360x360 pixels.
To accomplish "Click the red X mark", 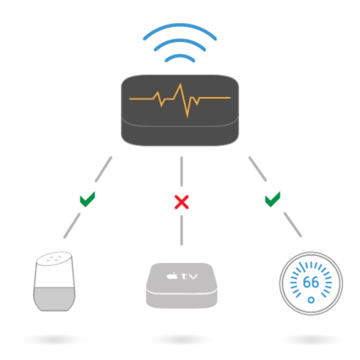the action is (181, 202).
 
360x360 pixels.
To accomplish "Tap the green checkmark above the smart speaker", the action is (87, 199).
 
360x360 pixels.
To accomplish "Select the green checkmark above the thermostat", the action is (272, 199).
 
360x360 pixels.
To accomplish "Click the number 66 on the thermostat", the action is (311, 282).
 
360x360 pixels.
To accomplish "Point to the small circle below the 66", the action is (312, 300).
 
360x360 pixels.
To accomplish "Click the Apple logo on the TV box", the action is (171, 276).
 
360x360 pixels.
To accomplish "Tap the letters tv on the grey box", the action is (189, 276).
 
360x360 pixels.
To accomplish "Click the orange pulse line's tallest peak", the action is (180, 84).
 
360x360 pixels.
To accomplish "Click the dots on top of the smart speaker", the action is (54, 259).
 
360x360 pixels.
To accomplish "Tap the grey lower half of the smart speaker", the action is (54, 299).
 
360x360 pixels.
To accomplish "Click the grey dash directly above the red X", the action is (181, 171).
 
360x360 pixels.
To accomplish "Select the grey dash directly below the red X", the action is (181, 231).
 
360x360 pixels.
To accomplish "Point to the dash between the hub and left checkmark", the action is (103, 169).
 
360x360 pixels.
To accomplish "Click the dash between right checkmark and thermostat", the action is (293, 224).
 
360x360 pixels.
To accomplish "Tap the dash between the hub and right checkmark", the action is (258, 169).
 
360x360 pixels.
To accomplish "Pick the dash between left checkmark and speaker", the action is (72, 225).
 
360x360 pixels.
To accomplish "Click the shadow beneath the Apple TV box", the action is (181, 339).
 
